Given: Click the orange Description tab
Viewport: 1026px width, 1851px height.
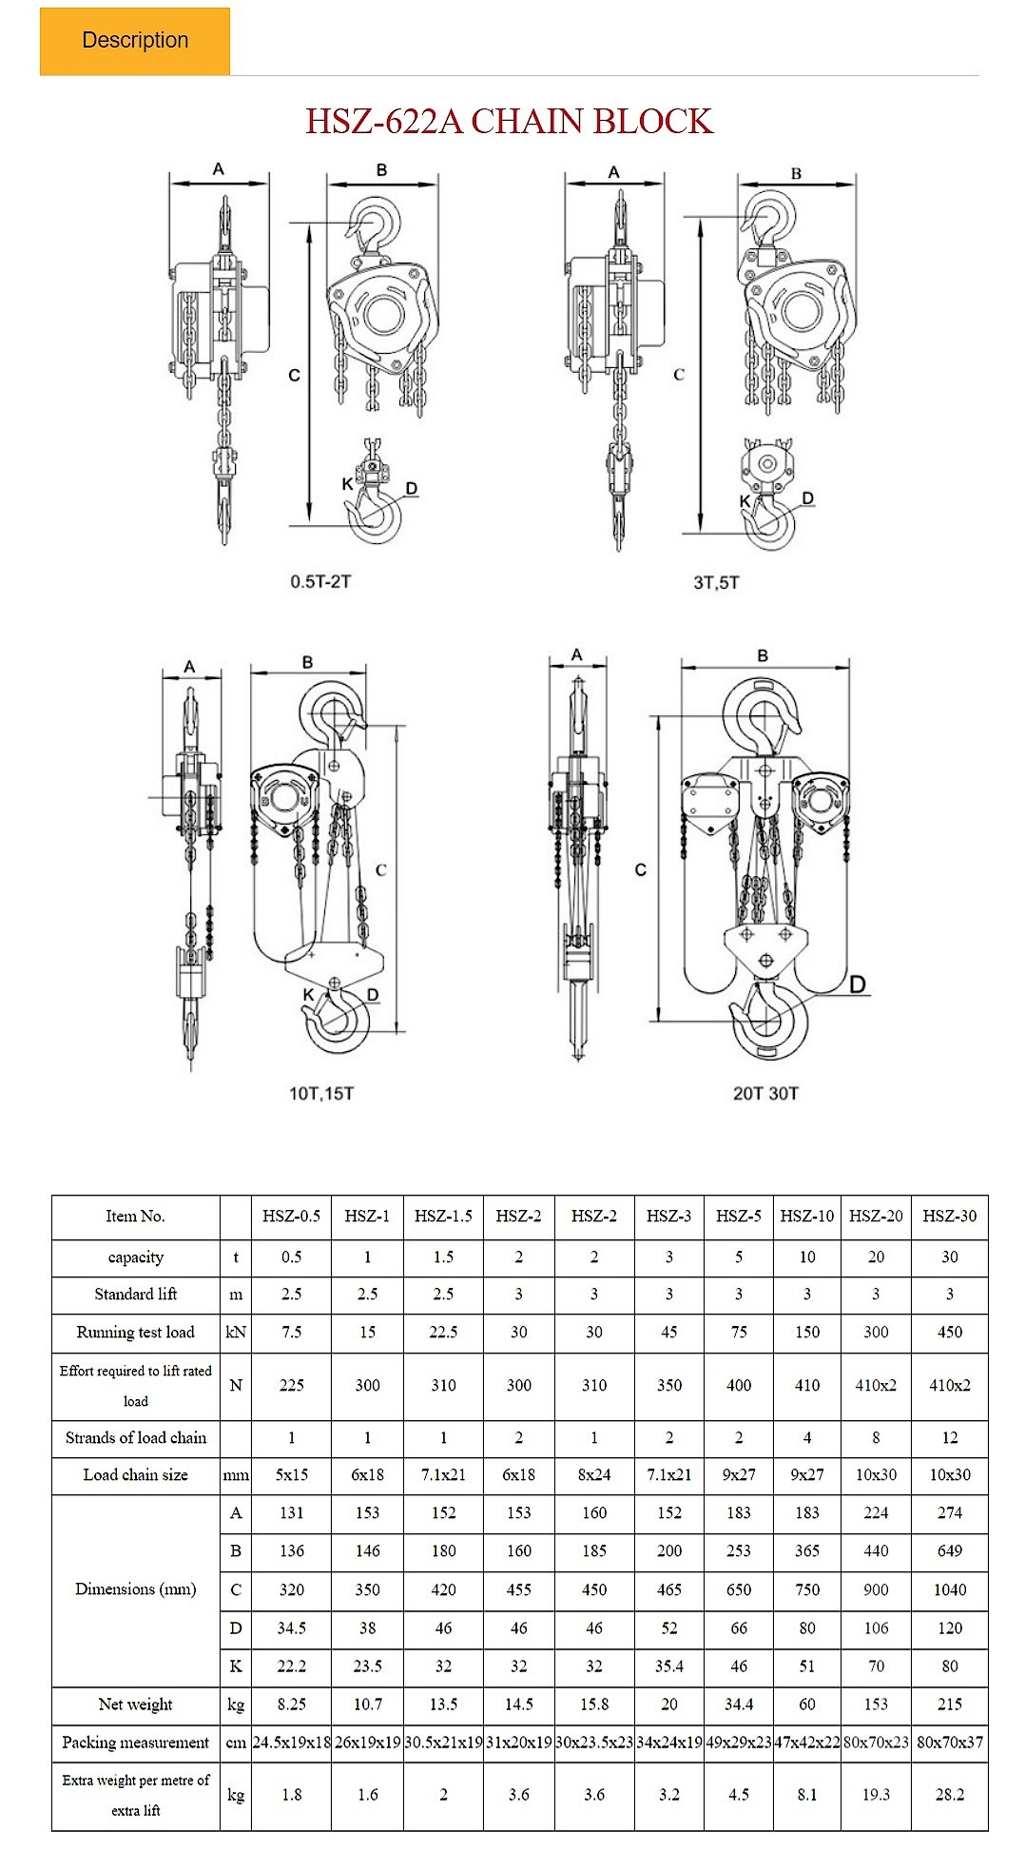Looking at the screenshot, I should (135, 41).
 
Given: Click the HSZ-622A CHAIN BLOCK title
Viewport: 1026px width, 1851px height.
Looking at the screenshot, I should (509, 122).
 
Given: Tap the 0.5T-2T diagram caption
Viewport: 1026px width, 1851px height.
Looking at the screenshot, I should (320, 581).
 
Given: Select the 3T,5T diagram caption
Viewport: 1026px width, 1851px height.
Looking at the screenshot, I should (716, 582).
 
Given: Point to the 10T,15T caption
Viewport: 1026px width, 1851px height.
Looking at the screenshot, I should (321, 1094).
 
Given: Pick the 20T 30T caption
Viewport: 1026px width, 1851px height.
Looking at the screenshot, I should (765, 1094).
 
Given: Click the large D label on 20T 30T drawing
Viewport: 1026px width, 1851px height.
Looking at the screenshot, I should (858, 984).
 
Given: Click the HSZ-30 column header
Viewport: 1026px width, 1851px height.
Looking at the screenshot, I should (949, 1216).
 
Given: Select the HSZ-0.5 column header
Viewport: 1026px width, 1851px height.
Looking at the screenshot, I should (291, 1216).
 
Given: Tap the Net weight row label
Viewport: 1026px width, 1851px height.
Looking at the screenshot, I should (135, 1704).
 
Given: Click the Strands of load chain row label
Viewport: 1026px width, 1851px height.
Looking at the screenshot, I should (135, 1437).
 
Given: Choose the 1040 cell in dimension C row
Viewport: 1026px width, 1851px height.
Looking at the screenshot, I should (949, 1589).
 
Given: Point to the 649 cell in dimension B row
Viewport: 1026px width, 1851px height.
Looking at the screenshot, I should (949, 1550).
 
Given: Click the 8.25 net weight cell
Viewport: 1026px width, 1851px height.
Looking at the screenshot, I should (291, 1704).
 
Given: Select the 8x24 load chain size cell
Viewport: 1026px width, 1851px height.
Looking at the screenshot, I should (593, 1474).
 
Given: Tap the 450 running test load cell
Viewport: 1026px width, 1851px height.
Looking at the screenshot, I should (949, 1332).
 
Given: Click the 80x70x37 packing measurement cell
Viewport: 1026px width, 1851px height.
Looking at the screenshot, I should (949, 1743).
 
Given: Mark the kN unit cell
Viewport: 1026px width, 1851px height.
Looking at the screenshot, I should (236, 1332).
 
